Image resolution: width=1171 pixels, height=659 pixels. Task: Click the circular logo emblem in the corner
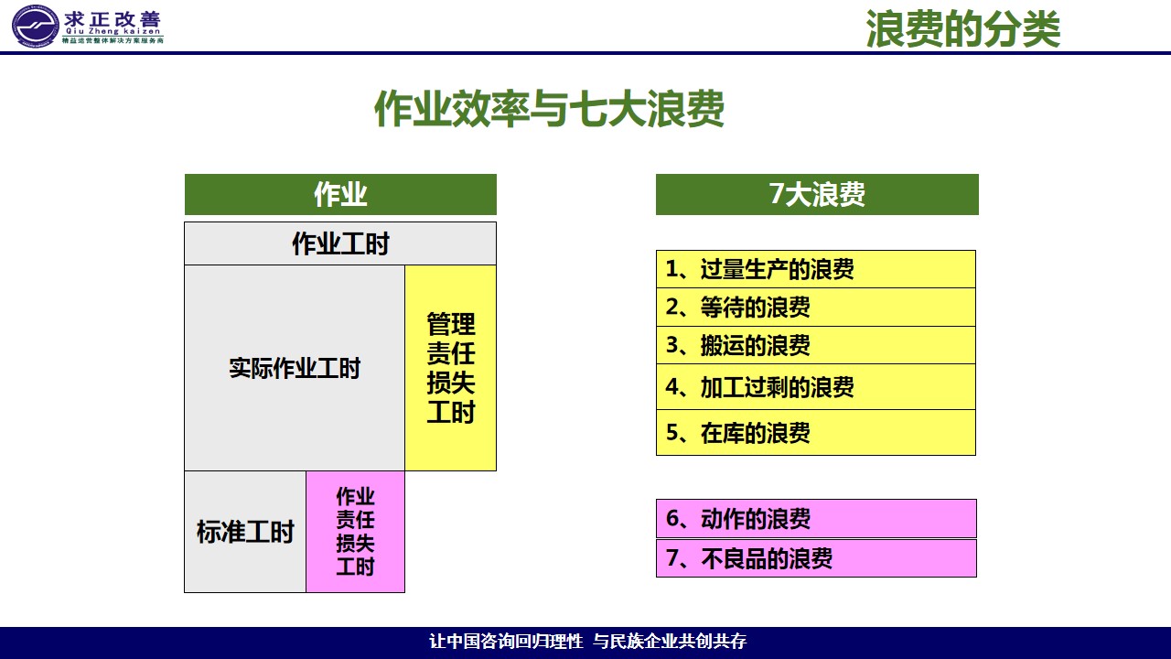(x=35, y=26)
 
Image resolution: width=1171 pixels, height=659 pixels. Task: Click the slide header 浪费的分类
(x=963, y=28)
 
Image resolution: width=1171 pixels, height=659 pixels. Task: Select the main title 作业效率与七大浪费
(x=550, y=108)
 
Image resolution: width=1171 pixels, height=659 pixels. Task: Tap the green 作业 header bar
(x=340, y=195)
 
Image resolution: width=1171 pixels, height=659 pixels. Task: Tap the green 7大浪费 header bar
(x=817, y=195)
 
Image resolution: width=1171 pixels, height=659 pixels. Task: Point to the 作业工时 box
(x=340, y=243)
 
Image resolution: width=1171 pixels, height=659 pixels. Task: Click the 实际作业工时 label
(x=295, y=368)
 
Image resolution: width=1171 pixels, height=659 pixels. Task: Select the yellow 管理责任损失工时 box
(x=451, y=368)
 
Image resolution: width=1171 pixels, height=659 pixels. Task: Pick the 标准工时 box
(x=245, y=532)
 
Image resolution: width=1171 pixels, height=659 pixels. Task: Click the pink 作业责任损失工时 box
(x=356, y=532)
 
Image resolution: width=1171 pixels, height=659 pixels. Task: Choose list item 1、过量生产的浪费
(x=816, y=269)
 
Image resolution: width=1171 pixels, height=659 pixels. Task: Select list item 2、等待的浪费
(x=816, y=308)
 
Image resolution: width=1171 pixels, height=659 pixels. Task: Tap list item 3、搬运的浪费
(x=816, y=345)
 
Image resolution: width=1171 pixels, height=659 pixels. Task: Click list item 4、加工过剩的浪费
(x=816, y=387)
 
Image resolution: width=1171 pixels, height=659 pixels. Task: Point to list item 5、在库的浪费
(x=816, y=433)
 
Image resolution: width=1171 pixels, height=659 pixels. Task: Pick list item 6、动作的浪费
(x=817, y=519)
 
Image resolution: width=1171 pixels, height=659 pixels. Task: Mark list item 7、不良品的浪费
(x=817, y=558)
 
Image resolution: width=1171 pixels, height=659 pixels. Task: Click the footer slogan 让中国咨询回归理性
(x=506, y=641)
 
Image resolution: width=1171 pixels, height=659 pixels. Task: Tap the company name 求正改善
(x=113, y=19)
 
